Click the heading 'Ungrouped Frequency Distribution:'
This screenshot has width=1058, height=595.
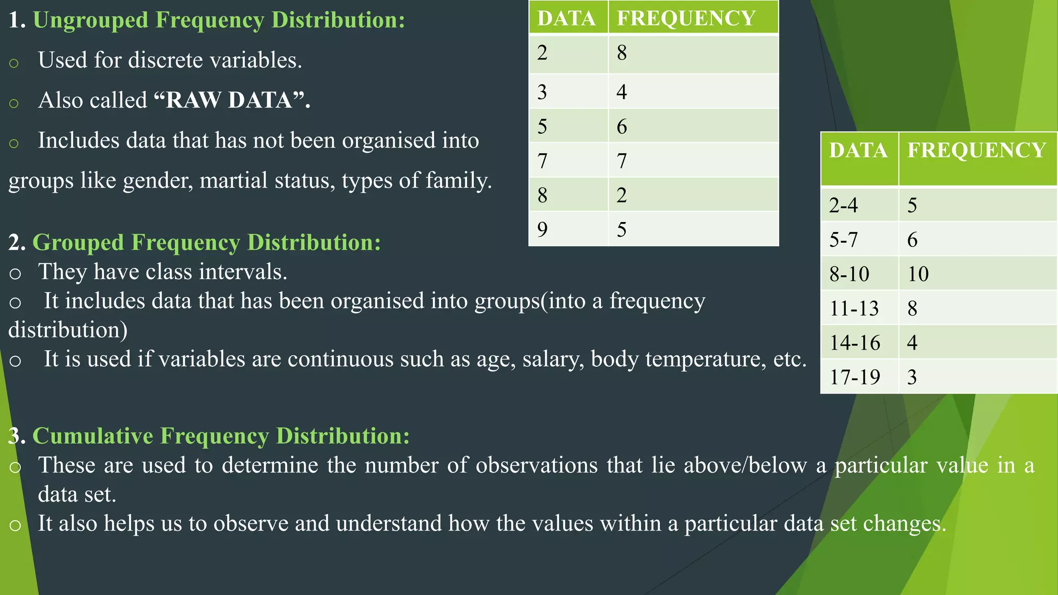click(x=219, y=20)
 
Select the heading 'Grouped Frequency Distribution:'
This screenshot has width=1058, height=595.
click(x=206, y=243)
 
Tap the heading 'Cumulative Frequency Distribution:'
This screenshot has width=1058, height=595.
click(x=221, y=436)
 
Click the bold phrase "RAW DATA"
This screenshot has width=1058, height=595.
click(x=229, y=100)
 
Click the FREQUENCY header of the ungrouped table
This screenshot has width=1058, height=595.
click(x=686, y=19)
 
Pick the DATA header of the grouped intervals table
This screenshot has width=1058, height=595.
click(x=858, y=151)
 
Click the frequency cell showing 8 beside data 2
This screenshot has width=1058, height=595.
click(x=622, y=53)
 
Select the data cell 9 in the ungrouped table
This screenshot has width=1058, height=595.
click(x=542, y=229)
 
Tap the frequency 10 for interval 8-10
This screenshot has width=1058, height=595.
click(x=918, y=274)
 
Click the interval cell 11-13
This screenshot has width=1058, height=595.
click(x=854, y=309)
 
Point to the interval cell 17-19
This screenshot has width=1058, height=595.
click(x=854, y=378)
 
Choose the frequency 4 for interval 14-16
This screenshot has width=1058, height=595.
click(x=912, y=343)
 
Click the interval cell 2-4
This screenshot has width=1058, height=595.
click(x=843, y=206)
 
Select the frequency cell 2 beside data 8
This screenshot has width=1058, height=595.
click(x=621, y=195)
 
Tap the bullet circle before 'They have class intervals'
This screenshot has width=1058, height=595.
click(x=15, y=273)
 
